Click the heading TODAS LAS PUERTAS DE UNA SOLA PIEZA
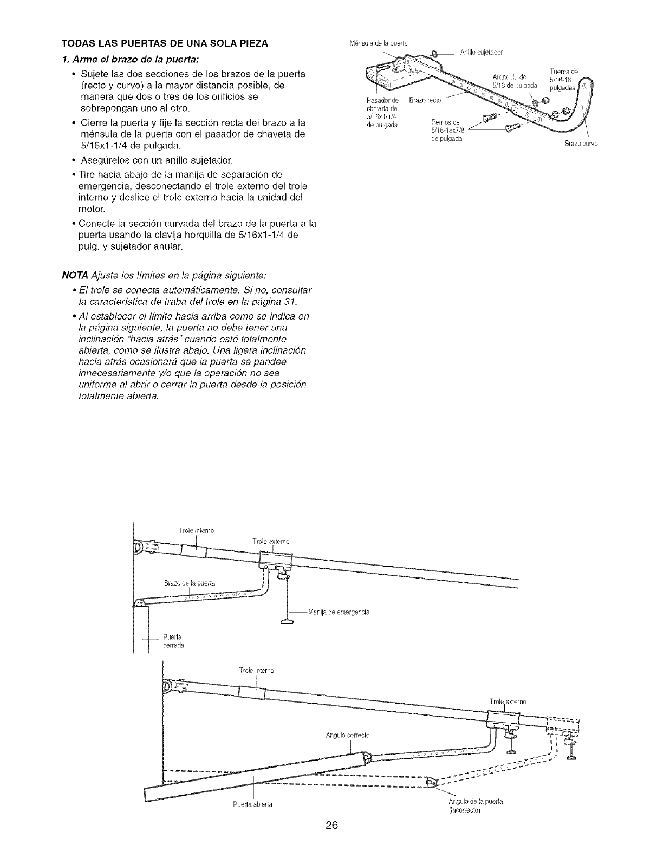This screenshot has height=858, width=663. pyautogui.click(x=165, y=43)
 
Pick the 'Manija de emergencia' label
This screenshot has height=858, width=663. pyautogui.click(x=339, y=613)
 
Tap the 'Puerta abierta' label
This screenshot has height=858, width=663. pyautogui.click(x=251, y=804)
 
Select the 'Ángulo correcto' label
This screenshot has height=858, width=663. pyautogui.click(x=348, y=735)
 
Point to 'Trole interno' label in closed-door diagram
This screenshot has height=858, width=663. pyautogui.click(x=196, y=531)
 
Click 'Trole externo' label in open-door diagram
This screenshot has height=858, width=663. pyautogui.click(x=508, y=702)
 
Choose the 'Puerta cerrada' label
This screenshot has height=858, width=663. pyautogui.click(x=173, y=641)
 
